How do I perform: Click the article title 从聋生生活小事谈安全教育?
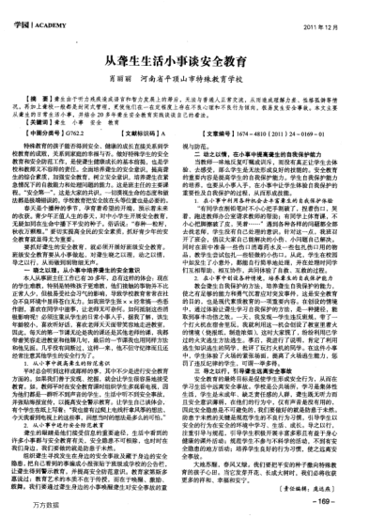(184, 61)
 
